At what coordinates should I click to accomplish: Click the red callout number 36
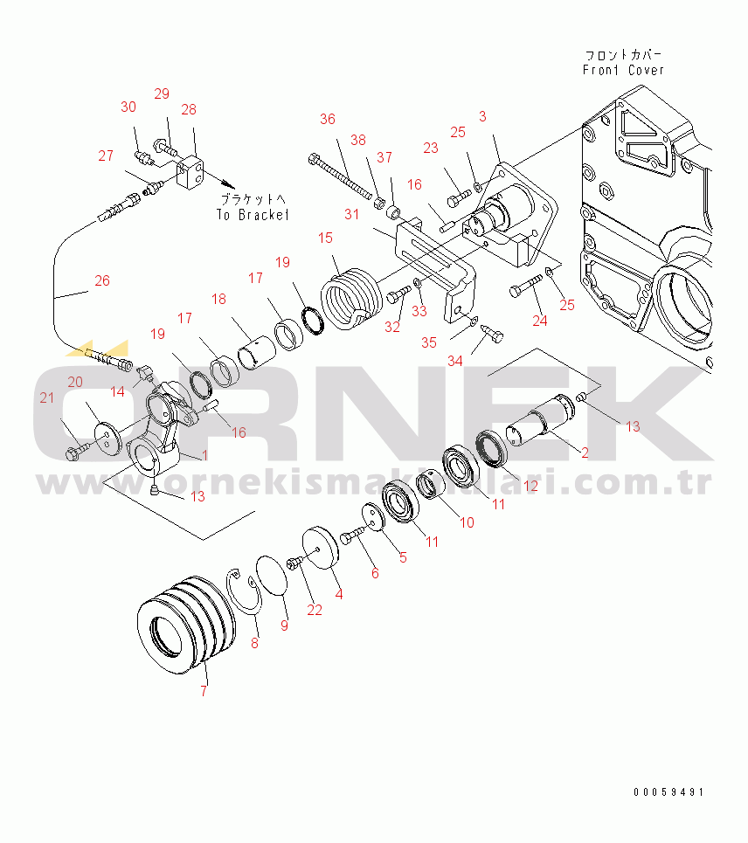[x=328, y=119]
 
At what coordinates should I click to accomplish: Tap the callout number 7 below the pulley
[x=204, y=691]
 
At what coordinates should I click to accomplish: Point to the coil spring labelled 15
[x=351, y=299]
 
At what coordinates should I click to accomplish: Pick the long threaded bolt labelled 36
[x=341, y=176]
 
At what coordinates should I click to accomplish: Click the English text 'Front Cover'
[x=623, y=70]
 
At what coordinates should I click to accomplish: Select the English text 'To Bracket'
[x=253, y=215]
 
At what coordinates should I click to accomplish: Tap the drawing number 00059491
[x=668, y=792]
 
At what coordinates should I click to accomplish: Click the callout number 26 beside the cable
[x=102, y=280]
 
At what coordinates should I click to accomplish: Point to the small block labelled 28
[x=190, y=172]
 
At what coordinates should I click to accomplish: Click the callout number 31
[x=351, y=214]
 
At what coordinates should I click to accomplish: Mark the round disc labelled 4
[x=321, y=548]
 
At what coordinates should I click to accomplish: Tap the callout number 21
[x=47, y=397]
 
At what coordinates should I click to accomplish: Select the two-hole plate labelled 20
[x=108, y=439]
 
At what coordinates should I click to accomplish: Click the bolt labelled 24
[x=526, y=286]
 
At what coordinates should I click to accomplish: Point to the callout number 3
[x=482, y=116]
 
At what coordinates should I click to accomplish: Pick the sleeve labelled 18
[x=257, y=353]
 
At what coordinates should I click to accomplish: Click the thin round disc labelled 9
[x=272, y=577]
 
